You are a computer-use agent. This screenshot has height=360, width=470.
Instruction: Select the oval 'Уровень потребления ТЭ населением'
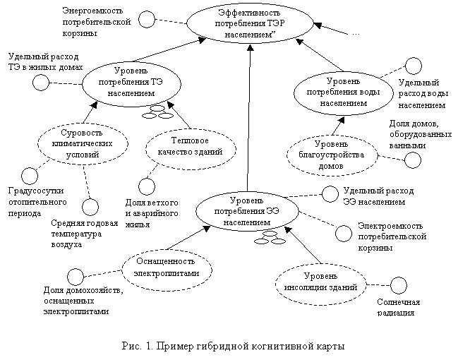pos(127,83)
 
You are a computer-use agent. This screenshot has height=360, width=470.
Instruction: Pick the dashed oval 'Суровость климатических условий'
pos(83,142)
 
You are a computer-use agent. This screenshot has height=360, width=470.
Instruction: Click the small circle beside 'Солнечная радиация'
pos(399,286)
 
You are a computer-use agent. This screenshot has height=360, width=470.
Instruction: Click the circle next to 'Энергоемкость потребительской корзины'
pos(146,19)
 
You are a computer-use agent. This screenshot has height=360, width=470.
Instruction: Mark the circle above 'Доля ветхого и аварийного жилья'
pos(145,186)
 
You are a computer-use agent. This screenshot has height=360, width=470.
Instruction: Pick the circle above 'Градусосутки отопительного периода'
pos(29,174)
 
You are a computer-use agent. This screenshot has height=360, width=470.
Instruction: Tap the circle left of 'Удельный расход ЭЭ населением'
pos(329,193)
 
